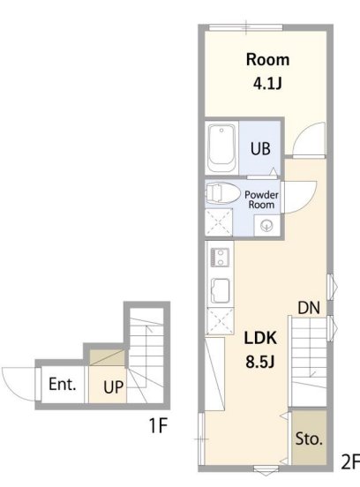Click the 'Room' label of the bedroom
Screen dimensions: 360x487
267,59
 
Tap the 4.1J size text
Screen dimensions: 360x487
267,83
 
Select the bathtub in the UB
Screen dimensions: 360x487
221,148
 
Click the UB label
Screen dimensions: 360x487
260,149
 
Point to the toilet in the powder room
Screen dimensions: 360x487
222,193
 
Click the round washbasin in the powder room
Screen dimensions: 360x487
266,225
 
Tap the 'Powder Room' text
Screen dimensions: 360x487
261,199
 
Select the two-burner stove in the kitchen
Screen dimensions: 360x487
221,258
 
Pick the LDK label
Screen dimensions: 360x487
260,338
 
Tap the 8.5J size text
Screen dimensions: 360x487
260,362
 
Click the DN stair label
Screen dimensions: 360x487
309,308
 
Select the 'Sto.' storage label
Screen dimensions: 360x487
309,438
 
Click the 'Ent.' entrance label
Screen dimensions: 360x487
62,384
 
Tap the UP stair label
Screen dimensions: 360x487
113,387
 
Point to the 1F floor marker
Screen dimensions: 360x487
159,425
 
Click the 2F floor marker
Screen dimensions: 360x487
350,461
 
